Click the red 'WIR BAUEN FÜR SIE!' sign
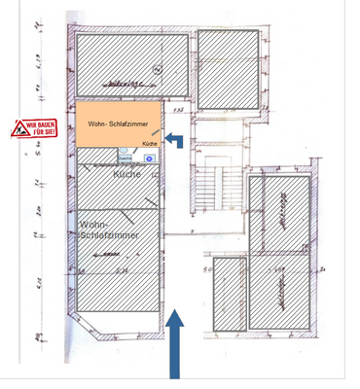click(29, 127)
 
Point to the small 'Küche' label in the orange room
click(149, 143)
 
